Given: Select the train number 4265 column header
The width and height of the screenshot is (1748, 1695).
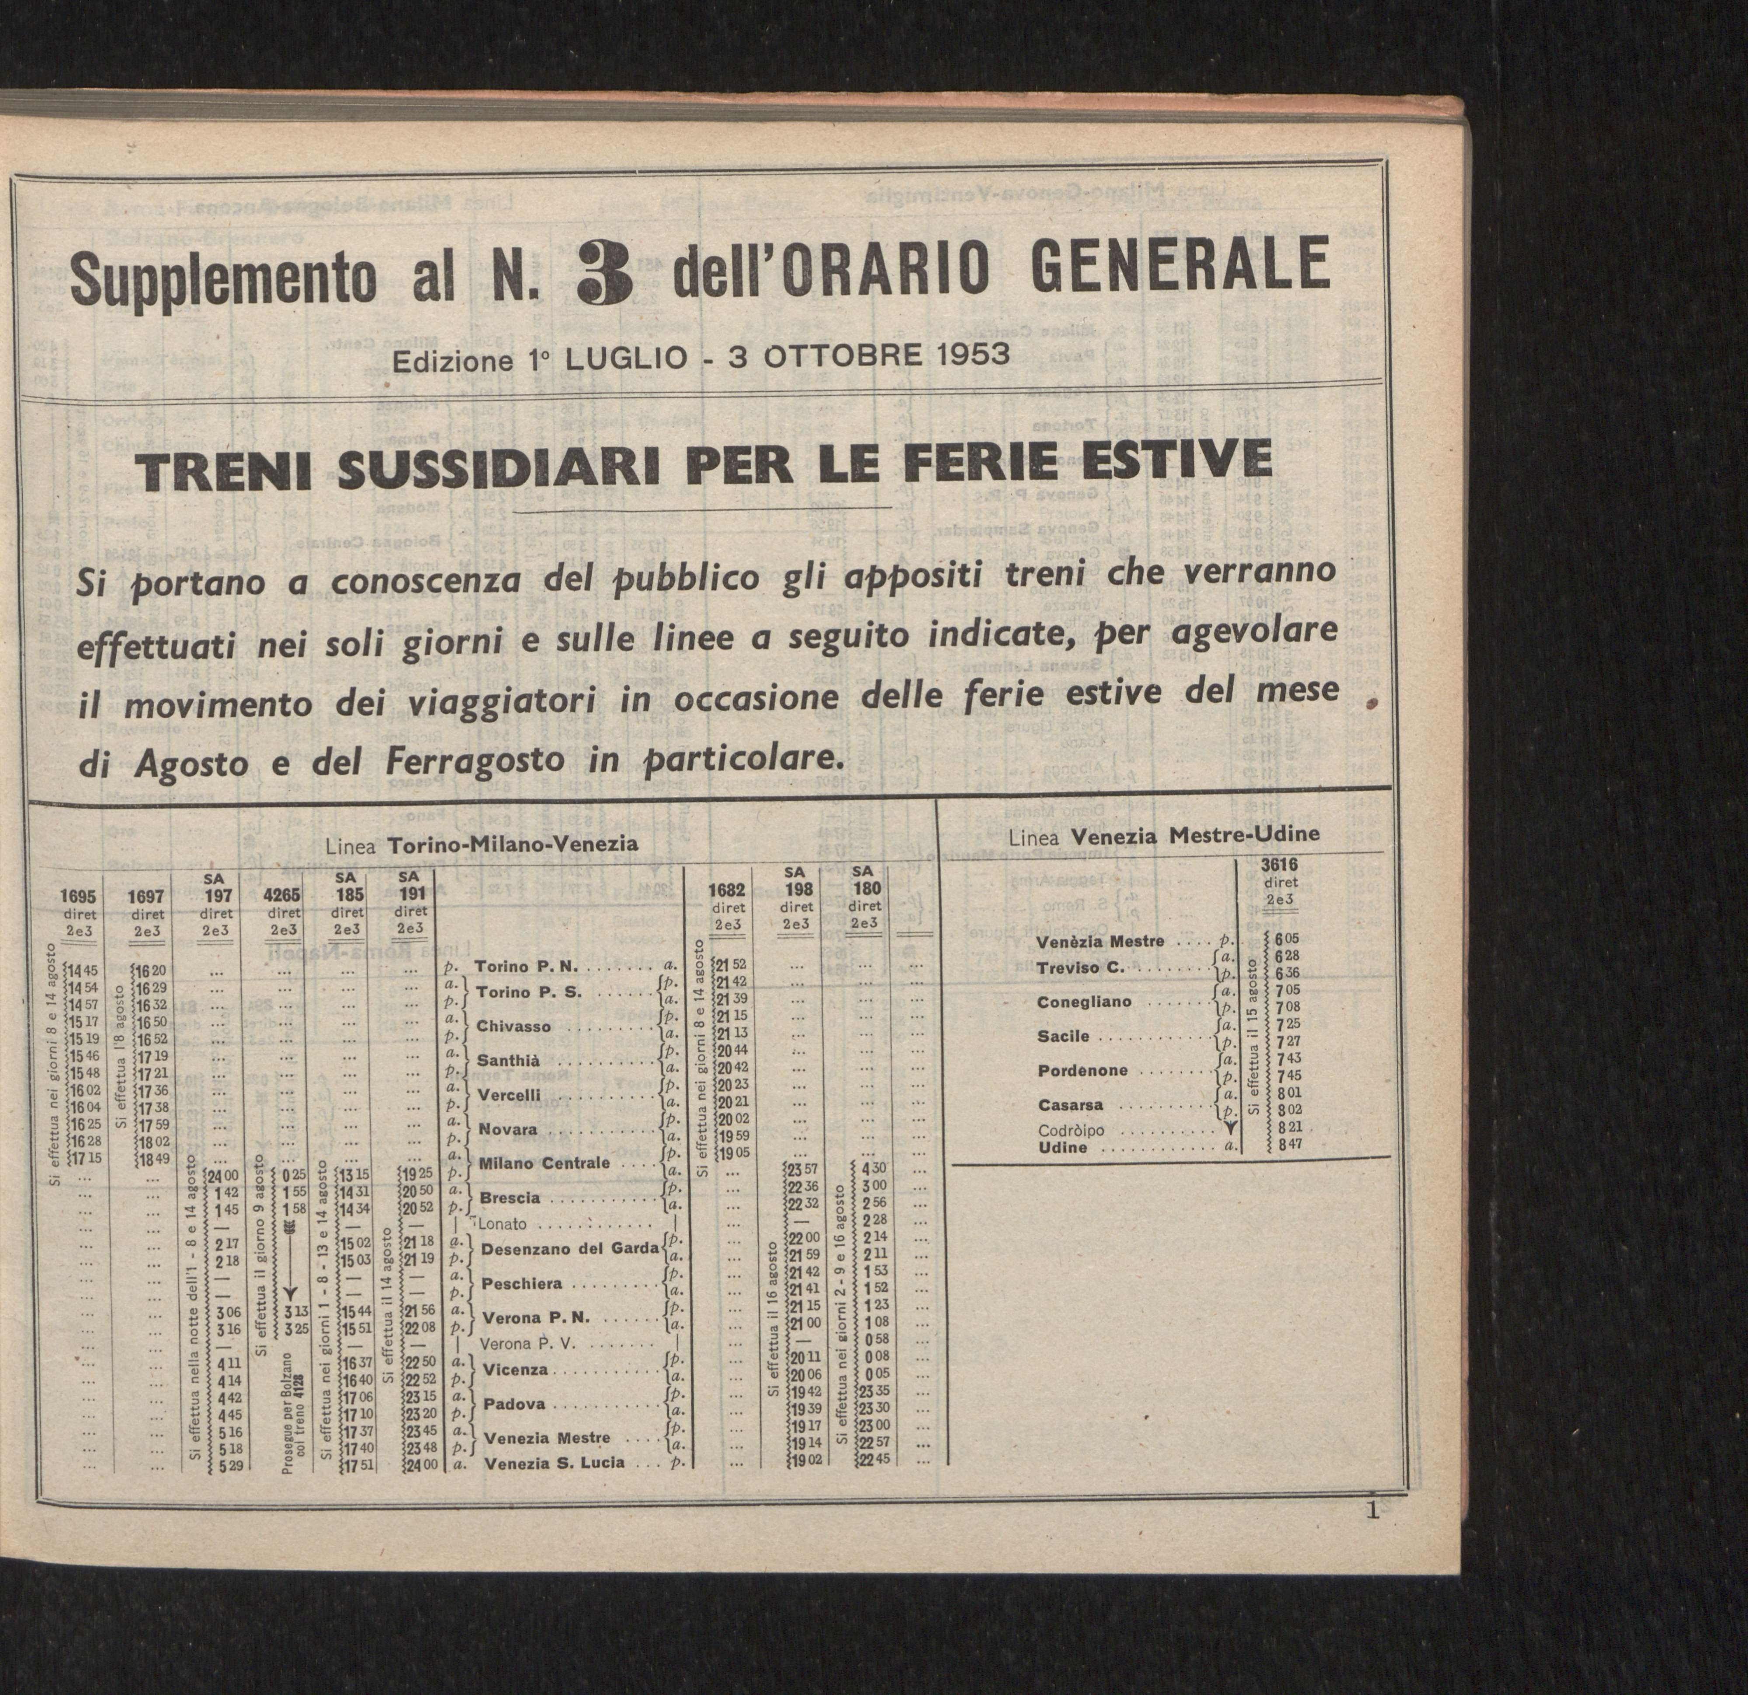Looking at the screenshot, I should coord(283,896).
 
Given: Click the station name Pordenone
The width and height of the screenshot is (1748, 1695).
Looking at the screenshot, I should coord(1082,1071).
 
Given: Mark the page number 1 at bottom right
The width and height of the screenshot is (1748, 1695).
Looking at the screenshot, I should coord(1372,1511).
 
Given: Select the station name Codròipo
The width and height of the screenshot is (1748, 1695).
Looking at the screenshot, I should coord(1070,1130).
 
